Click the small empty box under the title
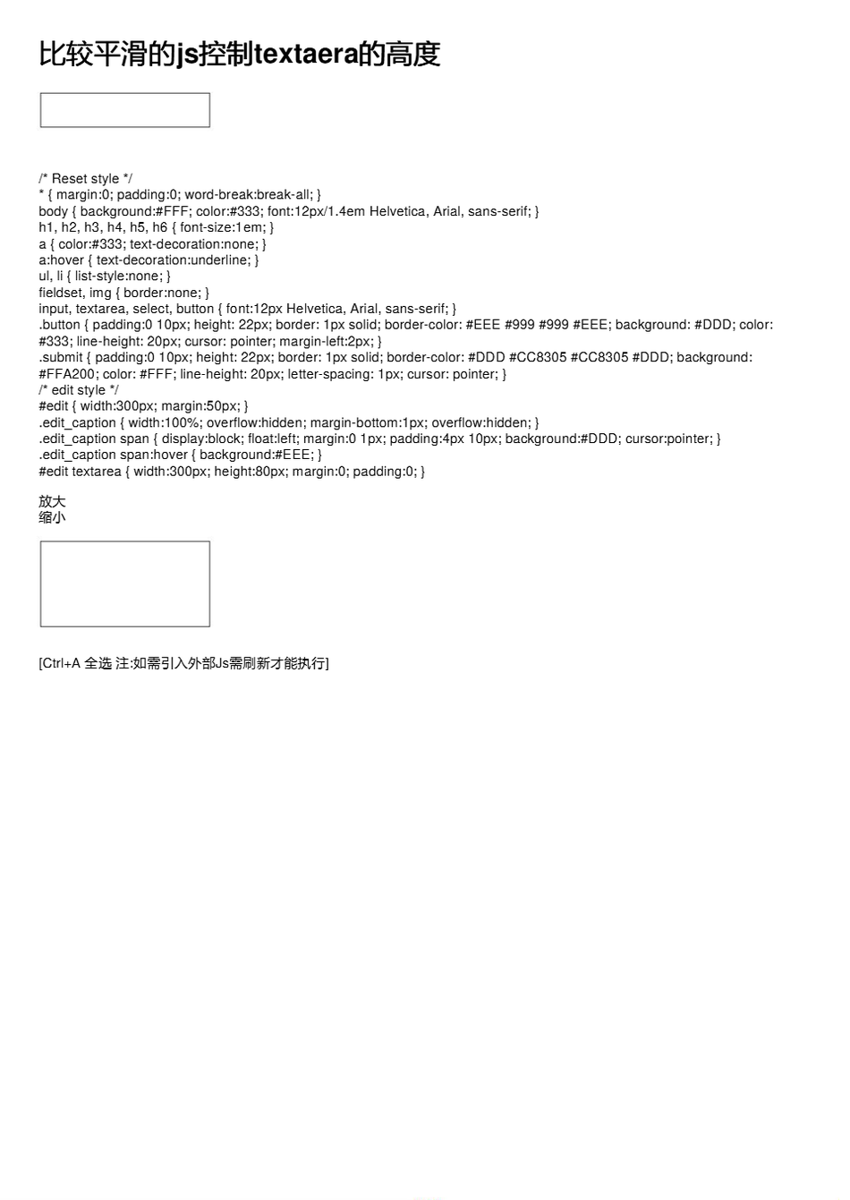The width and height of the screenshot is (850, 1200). (125, 110)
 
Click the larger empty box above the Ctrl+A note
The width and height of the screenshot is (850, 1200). (125, 583)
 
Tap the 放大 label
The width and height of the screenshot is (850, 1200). (52, 501)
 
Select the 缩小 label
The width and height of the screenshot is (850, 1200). (52, 517)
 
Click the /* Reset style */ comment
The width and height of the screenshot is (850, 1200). (86, 179)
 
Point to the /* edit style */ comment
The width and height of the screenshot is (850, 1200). (79, 390)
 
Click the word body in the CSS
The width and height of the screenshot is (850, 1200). (53, 211)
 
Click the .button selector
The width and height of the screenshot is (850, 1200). (59, 325)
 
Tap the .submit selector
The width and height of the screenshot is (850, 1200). (61, 357)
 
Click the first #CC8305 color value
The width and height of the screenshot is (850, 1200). (538, 357)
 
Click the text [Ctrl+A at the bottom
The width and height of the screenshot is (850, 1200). (60, 663)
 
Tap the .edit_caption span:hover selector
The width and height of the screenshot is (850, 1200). (113, 455)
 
